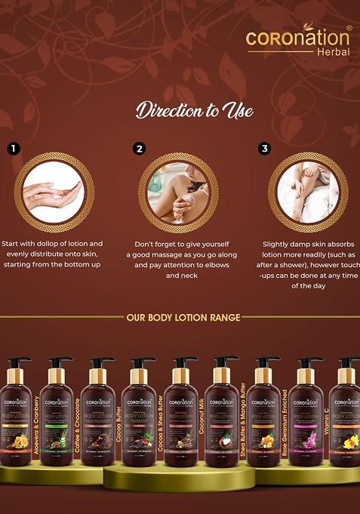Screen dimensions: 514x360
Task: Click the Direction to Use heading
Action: pyautogui.click(x=194, y=111)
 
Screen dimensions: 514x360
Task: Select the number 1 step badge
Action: pyautogui.click(x=12, y=149)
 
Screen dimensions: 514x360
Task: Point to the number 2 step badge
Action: pyautogui.click(x=139, y=149)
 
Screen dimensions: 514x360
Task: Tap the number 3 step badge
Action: pyautogui.click(x=264, y=149)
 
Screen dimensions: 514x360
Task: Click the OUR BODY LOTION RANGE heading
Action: pyautogui.click(x=183, y=318)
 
